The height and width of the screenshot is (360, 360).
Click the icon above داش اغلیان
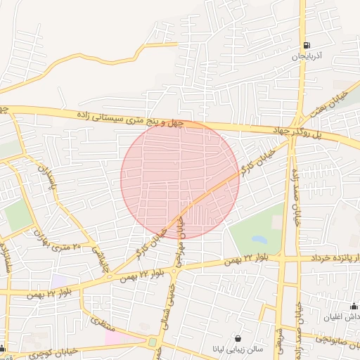[x=354, y=306]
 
